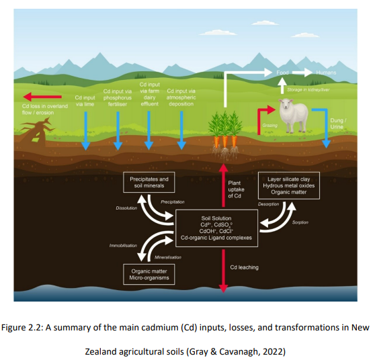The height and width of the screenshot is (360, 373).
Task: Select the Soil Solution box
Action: click(216, 228)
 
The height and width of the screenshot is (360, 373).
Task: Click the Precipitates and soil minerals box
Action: click(149, 182)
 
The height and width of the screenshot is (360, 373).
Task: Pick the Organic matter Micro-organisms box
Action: click(150, 274)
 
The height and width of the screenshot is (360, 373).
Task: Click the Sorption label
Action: click(300, 222)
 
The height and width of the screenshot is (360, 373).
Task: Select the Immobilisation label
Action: click(123, 246)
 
